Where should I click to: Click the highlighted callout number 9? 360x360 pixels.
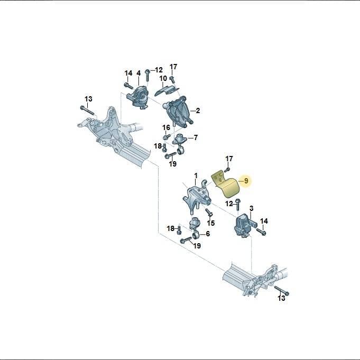coord(246,181)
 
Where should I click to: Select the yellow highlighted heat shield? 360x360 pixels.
coord(226,184)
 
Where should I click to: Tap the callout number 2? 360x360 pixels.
coord(198,110)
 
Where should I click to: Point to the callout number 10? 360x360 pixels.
coord(163,79)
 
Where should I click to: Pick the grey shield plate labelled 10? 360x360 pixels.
coord(167,90)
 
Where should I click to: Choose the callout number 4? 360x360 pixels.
coord(139,73)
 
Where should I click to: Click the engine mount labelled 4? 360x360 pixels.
coord(138,98)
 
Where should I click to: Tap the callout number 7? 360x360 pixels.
coord(196,138)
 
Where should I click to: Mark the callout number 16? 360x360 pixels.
coord(167,127)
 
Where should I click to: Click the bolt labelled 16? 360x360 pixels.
coord(166,137)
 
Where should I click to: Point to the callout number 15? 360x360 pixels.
coord(211,223)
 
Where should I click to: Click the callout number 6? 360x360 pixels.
coord(208,234)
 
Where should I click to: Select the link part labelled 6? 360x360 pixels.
coord(195,228)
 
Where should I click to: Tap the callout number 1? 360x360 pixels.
coord(196,176)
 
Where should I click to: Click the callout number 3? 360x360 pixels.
coord(252,208)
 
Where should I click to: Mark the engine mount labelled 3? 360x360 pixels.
coord(245,226)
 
